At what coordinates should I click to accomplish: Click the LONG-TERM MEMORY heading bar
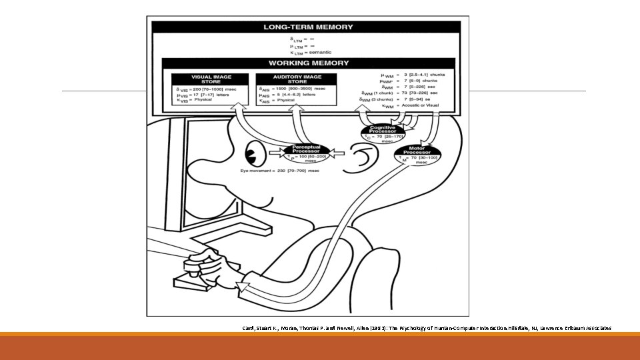tap(306, 27)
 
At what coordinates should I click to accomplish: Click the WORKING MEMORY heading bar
tap(308, 63)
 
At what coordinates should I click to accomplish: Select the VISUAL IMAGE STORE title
tap(210, 79)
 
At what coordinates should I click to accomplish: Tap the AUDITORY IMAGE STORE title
tap(296, 79)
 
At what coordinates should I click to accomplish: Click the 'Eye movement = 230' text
tap(280, 171)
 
